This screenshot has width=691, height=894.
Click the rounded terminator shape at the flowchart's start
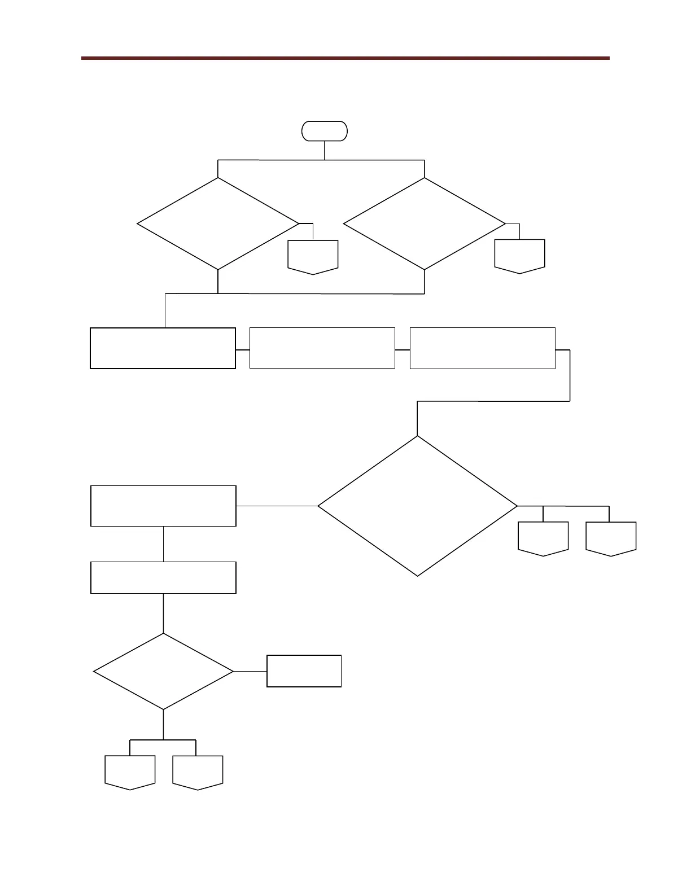[325, 131]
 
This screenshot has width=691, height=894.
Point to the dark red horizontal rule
[345, 58]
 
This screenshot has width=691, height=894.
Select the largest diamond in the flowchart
[418, 506]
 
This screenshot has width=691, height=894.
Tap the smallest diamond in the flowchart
[163, 672]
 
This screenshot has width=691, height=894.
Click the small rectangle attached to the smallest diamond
[304, 671]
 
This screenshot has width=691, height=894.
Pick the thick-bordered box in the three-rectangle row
[163, 348]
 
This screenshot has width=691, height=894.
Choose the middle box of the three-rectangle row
[322, 348]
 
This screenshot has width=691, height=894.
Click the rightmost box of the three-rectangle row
[482, 348]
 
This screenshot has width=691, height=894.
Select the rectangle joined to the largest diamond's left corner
[163, 506]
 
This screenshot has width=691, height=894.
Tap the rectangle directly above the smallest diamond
[163, 577]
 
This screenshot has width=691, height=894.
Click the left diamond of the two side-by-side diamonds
[218, 224]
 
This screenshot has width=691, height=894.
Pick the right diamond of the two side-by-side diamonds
[425, 224]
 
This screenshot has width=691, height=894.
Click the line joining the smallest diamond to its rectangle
[250, 672]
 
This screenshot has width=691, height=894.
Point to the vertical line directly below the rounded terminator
[325, 150]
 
